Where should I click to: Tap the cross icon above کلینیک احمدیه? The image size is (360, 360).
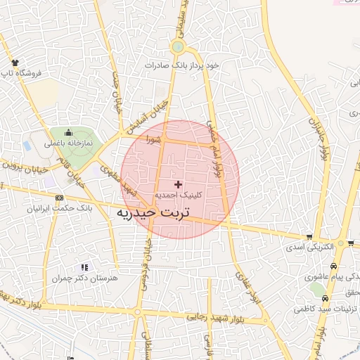click(x=177, y=184)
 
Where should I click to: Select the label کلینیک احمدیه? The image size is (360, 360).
click(x=177, y=193)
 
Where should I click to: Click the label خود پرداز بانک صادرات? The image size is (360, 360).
click(x=182, y=65)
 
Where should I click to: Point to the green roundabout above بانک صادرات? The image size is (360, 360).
click(x=177, y=48)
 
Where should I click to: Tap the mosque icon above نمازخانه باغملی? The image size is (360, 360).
click(x=69, y=132)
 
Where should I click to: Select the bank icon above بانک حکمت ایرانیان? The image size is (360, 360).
click(x=58, y=198)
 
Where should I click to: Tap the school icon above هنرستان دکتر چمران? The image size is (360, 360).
click(x=84, y=267)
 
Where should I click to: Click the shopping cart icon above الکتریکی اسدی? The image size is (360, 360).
click(x=309, y=237)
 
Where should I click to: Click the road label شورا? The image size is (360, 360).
click(x=153, y=141)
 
